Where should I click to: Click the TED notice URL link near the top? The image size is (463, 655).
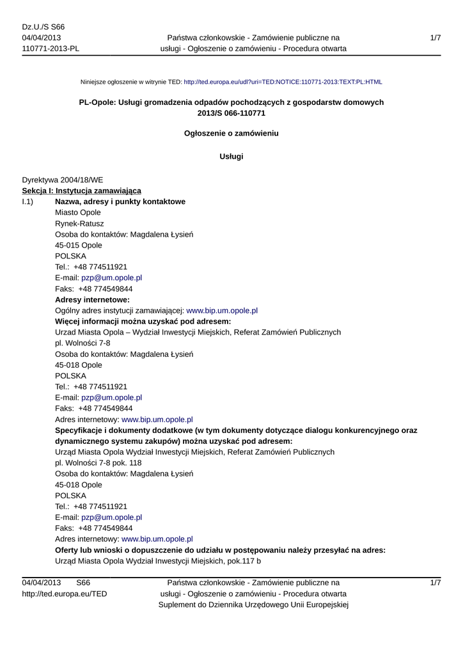pos(283,83)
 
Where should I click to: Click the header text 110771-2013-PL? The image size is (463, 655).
pos(51,49)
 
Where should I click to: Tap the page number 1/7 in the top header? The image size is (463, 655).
pos(436,38)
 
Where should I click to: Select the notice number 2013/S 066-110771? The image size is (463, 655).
pos(231,113)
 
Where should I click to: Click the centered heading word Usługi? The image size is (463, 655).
pos(231,157)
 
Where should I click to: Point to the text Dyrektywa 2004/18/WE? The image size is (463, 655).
pos(62,180)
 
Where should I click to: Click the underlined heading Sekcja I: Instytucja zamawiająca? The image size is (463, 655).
pos(82,191)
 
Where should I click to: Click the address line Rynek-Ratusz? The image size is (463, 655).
pos(79,223)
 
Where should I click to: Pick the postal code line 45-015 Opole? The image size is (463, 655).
pos(79,245)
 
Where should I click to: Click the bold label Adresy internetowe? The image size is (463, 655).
pos(92,299)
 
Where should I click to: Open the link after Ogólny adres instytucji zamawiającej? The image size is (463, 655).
pos(222,310)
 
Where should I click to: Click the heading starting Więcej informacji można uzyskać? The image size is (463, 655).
pos(143,321)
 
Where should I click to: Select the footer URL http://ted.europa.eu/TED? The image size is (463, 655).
pos(65,594)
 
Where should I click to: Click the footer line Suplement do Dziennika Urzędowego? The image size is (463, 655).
pos(253,605)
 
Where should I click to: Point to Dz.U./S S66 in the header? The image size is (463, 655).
pos(43,27)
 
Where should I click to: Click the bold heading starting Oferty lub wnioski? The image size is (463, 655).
pos(220,550)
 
